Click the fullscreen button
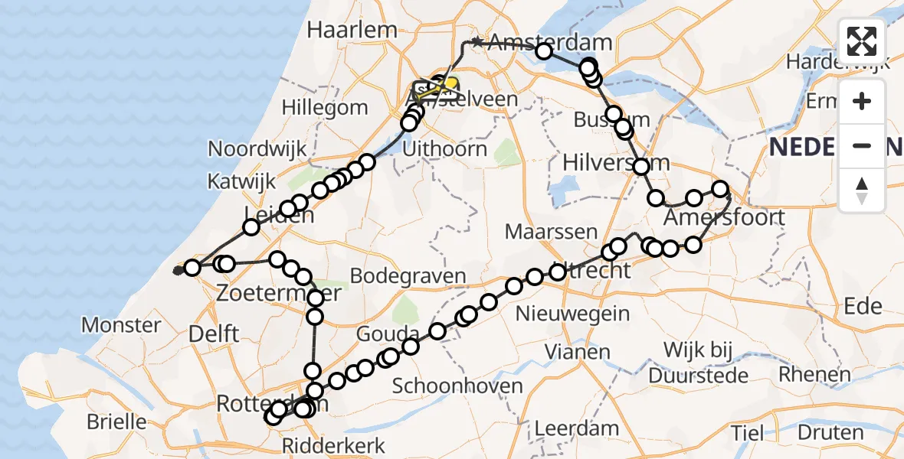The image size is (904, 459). coord(862,41)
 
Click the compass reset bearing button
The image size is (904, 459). coord(862,190)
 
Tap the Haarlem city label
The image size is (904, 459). coord(352,31)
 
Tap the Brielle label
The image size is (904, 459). coord(116,422)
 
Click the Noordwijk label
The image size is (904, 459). coord(257,148)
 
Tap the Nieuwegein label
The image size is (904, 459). coord(573,313)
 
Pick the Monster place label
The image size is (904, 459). coord(121,325)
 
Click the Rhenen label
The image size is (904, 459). coord(815,374)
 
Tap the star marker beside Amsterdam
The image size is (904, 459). coord(477,43)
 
